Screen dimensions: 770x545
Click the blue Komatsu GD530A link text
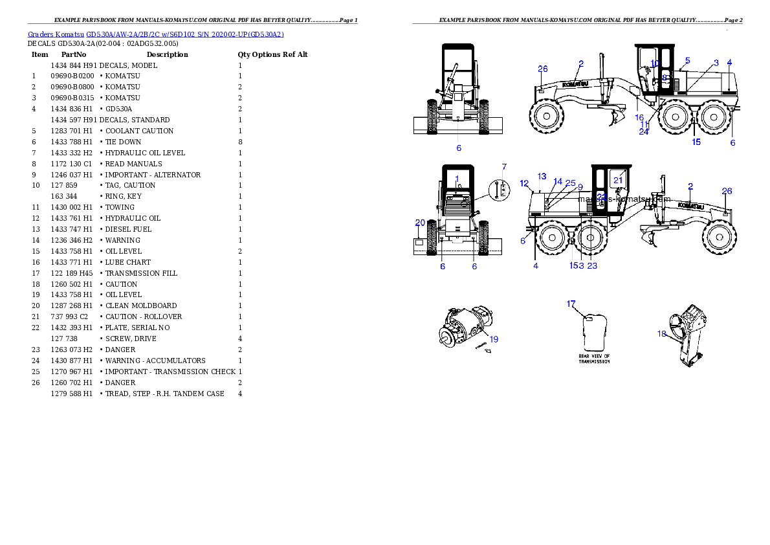(x=155, y=34)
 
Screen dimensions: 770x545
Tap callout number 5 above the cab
(x=687, y=60)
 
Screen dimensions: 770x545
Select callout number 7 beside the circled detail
(x=505, y=167)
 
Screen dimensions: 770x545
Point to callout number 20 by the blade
(x=420, y=223)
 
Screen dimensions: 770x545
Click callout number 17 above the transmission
(x=571, y=304)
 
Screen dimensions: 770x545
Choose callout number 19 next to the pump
(x=494, y=339)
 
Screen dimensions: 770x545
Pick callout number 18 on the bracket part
(x=661, y=334)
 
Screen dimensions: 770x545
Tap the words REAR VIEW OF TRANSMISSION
(x=594, y=359)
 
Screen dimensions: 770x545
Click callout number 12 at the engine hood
(x=524, y=183)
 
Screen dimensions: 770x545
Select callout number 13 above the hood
(x=542, y=177)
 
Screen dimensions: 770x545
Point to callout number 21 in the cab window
(x=618, y=181)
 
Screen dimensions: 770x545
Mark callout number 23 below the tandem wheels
(x=592, y=265)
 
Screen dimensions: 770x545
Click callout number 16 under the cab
(x=639, y=118)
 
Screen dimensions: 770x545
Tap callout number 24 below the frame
(x=643, y=131)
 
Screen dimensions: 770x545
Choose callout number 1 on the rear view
(x=457, y=178)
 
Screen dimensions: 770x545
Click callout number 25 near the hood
(x=570, y=183)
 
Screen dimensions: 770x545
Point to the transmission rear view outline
(x=593, y=333)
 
